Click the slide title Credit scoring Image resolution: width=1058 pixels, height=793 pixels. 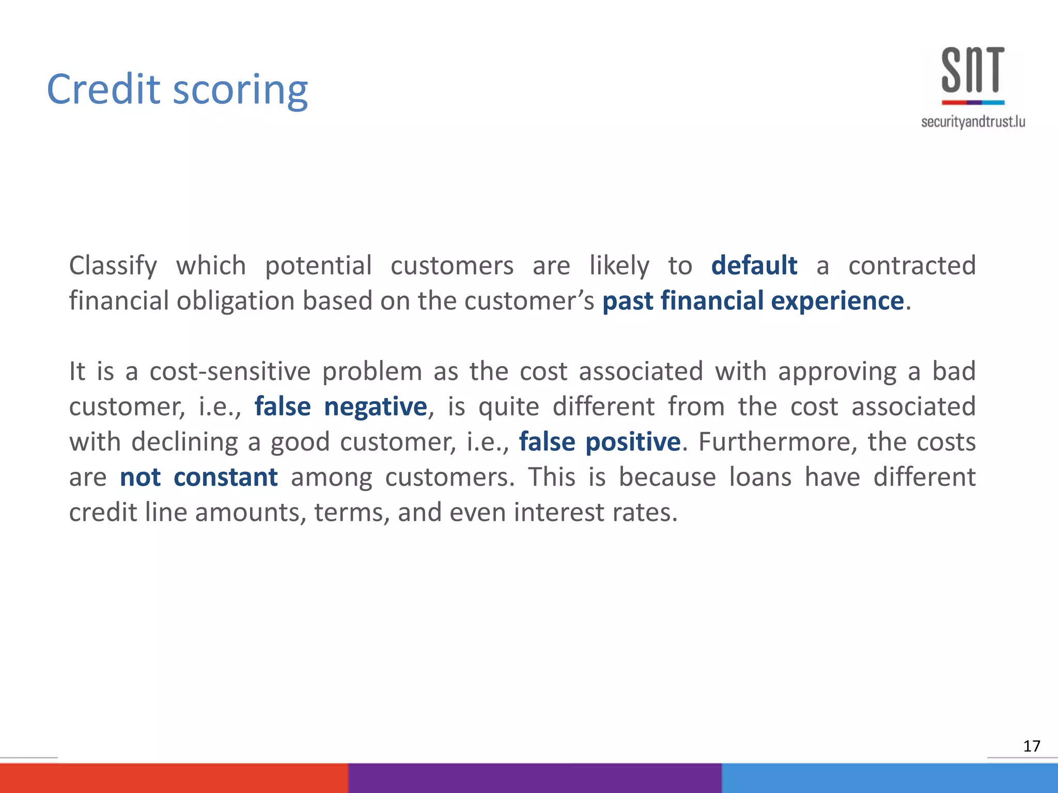coord(177,90)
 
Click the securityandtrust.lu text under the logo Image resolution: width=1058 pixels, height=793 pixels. coord(973,122)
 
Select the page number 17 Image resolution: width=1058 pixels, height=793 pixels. coord(1031,746)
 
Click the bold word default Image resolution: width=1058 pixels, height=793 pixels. coord(754,265)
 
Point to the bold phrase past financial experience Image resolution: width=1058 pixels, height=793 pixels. coord(753,300)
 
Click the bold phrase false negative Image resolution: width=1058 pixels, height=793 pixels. coord(340,406)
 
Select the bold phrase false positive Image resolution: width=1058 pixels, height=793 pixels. coord(599,442)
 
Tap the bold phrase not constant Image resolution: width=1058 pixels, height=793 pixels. coord(198,477)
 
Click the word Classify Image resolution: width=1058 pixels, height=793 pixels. coord(113,266)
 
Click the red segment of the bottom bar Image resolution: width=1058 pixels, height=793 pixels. coord(174,778)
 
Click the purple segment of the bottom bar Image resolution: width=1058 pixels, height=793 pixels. coord(535,778)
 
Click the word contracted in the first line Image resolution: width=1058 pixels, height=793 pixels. coord(912,265)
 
